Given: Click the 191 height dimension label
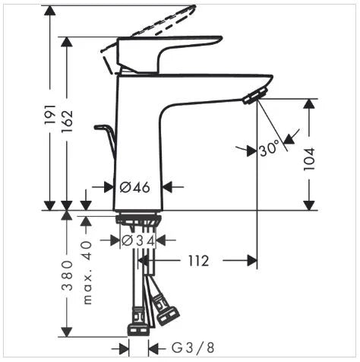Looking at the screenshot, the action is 49,114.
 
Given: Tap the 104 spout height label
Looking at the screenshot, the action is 309,159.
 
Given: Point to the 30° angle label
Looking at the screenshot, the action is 269,148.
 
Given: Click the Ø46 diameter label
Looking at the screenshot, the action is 134,188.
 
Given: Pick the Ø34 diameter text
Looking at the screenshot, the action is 138,241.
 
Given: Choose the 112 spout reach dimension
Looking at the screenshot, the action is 198,261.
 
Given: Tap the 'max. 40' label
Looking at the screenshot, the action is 87,272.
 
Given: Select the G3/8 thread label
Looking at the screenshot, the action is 193,348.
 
